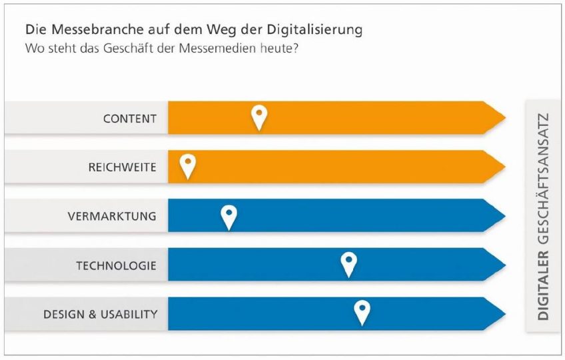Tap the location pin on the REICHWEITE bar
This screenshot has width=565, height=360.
189,165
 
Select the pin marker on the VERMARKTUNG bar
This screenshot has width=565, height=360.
229,215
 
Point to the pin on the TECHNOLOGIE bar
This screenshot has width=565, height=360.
348,263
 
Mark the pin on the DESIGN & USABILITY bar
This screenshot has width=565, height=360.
362,311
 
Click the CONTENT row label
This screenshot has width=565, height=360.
130,119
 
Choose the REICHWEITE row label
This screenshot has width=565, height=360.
123,167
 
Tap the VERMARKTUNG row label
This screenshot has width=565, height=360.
112,216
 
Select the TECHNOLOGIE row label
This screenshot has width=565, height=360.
117,265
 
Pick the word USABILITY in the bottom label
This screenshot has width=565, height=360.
128,314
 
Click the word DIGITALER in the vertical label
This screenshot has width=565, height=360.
544,286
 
